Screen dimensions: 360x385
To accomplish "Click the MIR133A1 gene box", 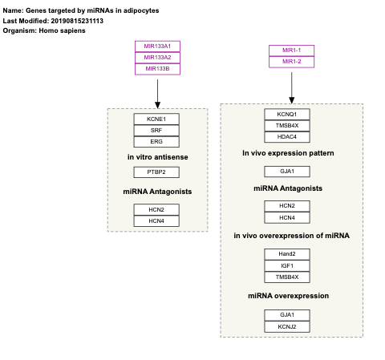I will click(157, 46).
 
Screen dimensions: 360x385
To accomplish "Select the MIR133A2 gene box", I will click(157, 57).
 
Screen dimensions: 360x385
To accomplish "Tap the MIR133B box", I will click(157, 68).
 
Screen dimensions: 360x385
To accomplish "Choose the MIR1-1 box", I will click(291, 51).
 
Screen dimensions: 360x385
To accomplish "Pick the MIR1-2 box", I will click(291, 62).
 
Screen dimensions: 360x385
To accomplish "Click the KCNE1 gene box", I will click(157, 119).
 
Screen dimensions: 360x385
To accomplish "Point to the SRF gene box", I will click(157, 130).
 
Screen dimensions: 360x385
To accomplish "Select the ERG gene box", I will click(157, 141).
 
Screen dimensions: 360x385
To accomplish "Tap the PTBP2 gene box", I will click(157, 172).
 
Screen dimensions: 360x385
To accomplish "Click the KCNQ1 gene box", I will click(287, 115).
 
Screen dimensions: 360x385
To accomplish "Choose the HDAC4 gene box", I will click(287, 136).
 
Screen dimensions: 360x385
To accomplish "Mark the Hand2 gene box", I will click(287, 254).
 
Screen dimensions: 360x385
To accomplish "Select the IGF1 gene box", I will click(287, 265).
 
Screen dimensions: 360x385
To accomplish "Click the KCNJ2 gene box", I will click(287, 326).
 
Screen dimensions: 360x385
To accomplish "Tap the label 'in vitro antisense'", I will click(157, 157).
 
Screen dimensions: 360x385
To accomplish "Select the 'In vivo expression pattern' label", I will click(288, 152).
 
